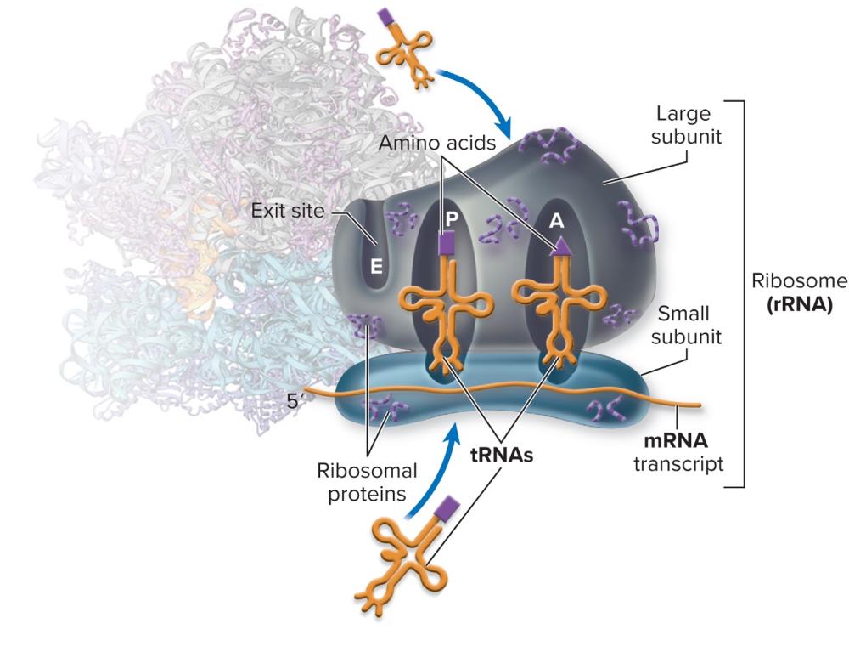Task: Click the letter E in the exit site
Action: (376, 266)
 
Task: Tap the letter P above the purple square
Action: (452, 218)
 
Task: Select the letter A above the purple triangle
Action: (557, 220)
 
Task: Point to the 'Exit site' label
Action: (289, 210)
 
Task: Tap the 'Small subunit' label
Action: (686, 325)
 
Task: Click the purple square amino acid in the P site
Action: (444, 244)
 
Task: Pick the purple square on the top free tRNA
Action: (386, 17)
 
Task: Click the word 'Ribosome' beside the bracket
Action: (799, 281)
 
